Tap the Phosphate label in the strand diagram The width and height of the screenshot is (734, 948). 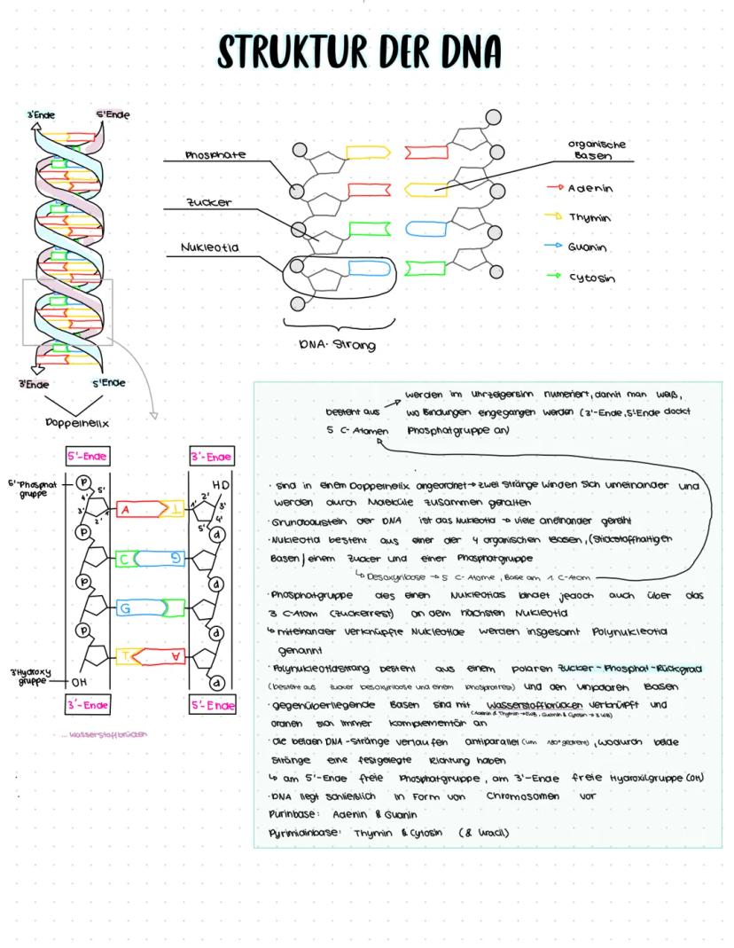215,155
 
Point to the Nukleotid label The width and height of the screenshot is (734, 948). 210,248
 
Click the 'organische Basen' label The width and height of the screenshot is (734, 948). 597,149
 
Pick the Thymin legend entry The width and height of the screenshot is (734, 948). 590,217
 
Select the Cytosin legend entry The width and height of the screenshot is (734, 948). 591,277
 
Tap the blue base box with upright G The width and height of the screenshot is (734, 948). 125,608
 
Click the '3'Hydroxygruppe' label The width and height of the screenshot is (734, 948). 28,676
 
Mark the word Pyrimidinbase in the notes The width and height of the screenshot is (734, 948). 301,833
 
